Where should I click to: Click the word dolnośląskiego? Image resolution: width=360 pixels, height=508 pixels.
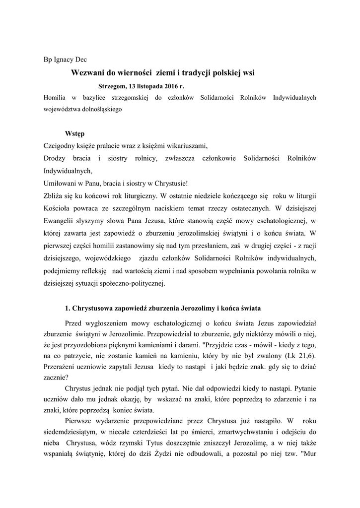(x=100, y=109)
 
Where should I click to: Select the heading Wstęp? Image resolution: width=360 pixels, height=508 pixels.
(x=74, y=133)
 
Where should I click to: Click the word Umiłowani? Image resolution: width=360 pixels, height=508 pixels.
(x=60, y=183)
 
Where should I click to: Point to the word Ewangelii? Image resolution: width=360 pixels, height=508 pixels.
(x=60, y=220)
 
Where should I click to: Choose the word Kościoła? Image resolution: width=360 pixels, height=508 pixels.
(x=58, y=208)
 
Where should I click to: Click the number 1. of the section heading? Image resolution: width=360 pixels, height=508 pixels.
(x=69, y=309)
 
